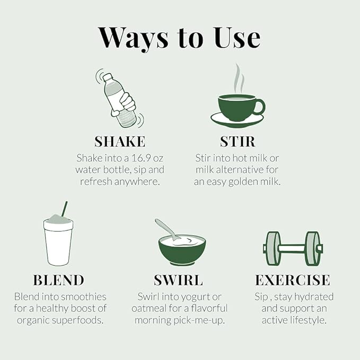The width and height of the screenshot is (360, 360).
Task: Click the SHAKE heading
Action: [x=120, y=142]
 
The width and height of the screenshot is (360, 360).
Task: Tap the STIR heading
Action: [x=238, y=142]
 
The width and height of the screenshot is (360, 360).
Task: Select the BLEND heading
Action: [x=58, y=280]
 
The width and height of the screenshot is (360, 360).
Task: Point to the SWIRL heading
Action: [x=178, y=280]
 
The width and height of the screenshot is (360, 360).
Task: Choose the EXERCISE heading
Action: [x=293, y=280]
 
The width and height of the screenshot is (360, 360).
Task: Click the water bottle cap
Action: [x=107, y=77]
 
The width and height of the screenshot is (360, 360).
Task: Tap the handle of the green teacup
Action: [x=260, y=107]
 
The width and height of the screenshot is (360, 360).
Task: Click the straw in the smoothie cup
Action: [x=65, y=209]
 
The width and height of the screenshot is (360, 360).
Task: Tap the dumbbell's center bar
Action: [x=292, y=249]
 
